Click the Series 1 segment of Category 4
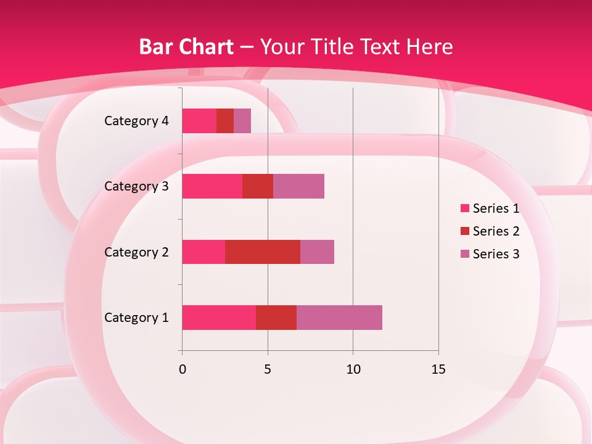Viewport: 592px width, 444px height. pyautogui.click(x=199, y=121)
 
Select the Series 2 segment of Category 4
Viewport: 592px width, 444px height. pyautogui.click(x=225, y=121)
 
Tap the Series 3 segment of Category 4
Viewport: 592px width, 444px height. pyautogui.click(x=242, y=121)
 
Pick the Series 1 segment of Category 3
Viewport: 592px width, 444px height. pyautogui.click(x=212, y=186)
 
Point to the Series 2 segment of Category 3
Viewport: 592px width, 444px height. pyautogui.click(x=258, y=186)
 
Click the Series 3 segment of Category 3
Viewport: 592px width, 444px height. pyautogui.click(x=298, y=186)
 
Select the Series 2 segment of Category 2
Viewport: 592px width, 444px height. pyautogui.click(x=263, y=252)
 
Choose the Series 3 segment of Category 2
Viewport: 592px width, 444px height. pyautogui.click(x=317, y=252)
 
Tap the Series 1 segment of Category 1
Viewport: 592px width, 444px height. pyautogui.click(x=219, y=318)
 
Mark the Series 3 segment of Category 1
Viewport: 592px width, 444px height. pyautogui.click(x=339, y=318)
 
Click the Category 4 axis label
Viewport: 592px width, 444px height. pyautogui.click(x=136, y=121)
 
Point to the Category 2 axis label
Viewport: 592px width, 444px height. pyautogui.click(x=136, y=252)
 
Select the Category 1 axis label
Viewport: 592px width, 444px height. pyautogui.click(x=136, y=318)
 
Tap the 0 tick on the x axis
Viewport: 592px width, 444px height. pyautogui.click(x=183, y=369)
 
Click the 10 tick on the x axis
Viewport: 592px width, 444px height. pyautogui.click(x=353, y=369)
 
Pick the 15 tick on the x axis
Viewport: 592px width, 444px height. pyautogui.click(x=438, y=369)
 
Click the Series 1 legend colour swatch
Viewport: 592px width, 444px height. pyautogui.click(x=465, y=208)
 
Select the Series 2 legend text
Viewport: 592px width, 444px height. pyautogui.click(x=496, y=231)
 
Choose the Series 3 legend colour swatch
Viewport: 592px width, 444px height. pyautogui.click(x=465, y=254)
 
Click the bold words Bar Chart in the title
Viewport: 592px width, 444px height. pyautogui.click(x=186, y=47)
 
